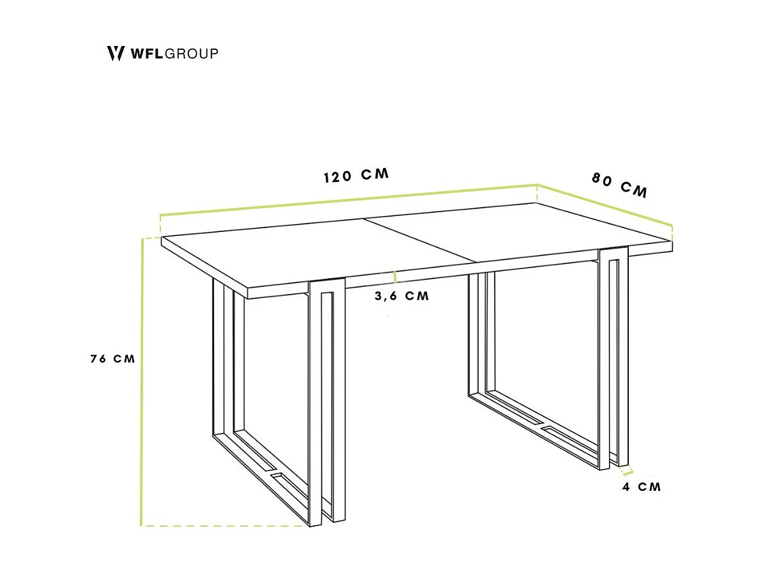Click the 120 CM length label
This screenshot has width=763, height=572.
click(356, 176)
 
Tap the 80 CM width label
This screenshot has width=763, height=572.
click(619, 185)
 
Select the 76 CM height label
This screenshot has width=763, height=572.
click(112, 359)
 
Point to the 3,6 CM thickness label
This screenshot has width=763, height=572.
click(401, 296)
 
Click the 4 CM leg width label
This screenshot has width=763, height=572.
click(642, 487)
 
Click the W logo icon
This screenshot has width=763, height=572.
click(115, 53)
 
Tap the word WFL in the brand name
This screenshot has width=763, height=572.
click(147, 54)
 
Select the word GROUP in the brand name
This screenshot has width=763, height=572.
click(192, 54)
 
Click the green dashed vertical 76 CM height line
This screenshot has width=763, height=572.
click(141, 383)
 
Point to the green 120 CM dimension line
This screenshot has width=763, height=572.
click(348, 199)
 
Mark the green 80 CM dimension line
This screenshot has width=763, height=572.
click(605, 205)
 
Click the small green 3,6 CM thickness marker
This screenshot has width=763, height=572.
click(396, 277)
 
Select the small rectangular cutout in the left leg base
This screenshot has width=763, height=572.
click(279, 476)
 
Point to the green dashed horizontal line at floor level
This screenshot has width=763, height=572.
click(224, 526)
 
